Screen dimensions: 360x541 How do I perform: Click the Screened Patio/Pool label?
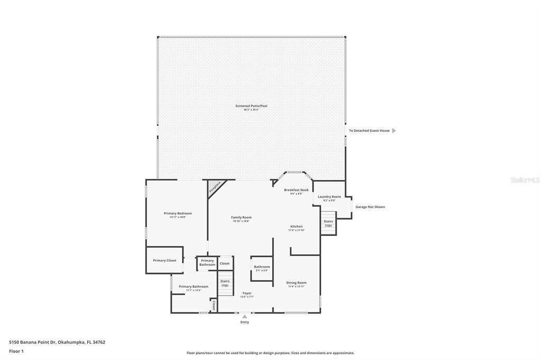(251, 106)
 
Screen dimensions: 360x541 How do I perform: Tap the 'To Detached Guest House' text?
(369, 130)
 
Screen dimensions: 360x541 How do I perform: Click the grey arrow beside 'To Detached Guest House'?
(394, 130)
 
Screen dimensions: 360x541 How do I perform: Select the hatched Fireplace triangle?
(214, 187)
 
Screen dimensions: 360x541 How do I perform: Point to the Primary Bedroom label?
(178, 213)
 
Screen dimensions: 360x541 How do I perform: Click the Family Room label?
(241, 217)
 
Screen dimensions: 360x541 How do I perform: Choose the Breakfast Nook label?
(296, 190)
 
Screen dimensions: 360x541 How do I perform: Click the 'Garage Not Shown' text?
(370, 207)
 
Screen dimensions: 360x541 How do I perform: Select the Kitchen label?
(296, 226)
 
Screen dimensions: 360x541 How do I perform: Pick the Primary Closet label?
(164, 260)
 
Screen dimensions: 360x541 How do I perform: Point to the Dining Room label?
(296, 282)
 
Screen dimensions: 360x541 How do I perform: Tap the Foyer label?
(247, 293)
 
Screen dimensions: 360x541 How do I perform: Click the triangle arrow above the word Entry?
(245, 317)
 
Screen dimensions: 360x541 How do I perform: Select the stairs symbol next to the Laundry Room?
(328, 223)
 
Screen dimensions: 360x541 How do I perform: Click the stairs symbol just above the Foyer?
(226, 283)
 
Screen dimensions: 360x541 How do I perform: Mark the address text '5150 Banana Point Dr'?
(32, 342)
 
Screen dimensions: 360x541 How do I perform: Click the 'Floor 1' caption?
(16, 351)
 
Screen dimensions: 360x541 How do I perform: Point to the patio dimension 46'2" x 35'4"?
(251, 110)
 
